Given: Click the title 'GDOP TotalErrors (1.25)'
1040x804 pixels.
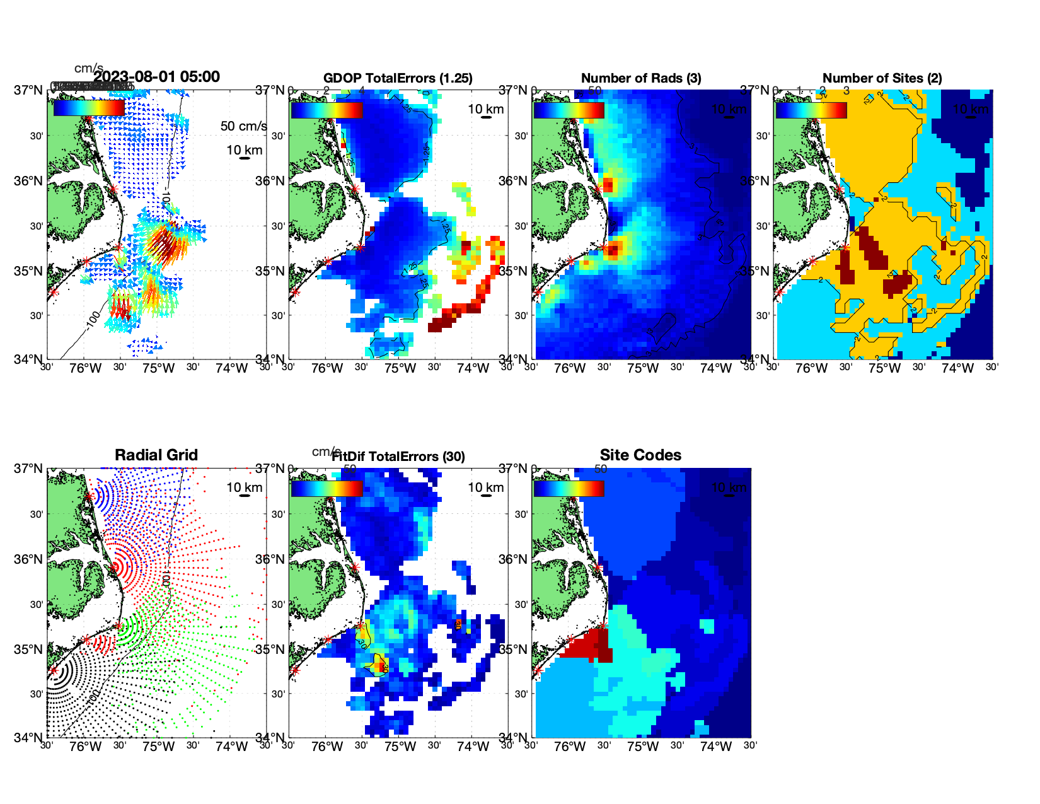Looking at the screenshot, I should [398, 78].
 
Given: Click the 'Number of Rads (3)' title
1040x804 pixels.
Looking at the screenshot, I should [641, 78].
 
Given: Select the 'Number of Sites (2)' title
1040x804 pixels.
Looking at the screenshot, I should [882, 78].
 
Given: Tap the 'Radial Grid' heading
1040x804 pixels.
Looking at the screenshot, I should [156, 455].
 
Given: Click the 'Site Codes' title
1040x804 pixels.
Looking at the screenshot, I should [640, 455].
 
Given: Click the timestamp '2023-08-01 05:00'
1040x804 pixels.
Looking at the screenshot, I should [157, 77].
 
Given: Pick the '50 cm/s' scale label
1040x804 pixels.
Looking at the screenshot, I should [243, 126].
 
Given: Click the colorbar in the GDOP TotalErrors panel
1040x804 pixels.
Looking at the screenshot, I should [326, 110].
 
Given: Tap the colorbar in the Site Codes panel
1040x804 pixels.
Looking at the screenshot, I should [569, 488].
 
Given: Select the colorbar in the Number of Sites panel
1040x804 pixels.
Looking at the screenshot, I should [811, 110].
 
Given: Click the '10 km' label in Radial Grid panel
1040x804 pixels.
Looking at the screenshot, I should [244, 487].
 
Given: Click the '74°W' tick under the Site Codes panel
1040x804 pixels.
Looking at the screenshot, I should [715, 747].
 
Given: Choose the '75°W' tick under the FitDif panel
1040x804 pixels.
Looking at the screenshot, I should [400, 747].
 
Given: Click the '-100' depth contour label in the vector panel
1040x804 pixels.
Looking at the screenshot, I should [93, 320].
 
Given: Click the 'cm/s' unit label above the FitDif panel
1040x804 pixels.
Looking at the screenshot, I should [325, 452].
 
